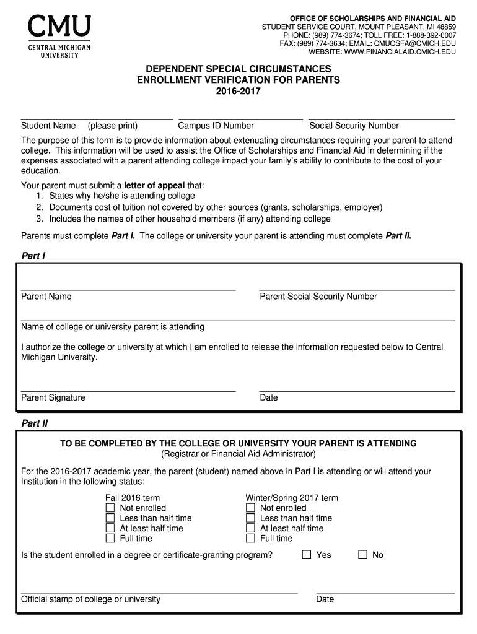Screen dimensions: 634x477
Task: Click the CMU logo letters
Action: click(x=59, y=27)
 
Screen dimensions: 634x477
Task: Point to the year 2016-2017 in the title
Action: click(x=239, y=91)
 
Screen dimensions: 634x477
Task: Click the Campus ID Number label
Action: click(x=216, y=126)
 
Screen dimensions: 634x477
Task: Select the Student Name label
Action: click(x=48, y=126)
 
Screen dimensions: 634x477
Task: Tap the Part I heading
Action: click(x=33, y=256)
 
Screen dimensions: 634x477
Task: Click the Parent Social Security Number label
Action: click(x=318, y=297)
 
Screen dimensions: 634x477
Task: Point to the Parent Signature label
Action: click(x=53, y=397)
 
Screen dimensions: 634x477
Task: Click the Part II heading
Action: click(x=35, y=424)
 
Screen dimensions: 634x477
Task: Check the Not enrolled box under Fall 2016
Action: click(x=110, y=508)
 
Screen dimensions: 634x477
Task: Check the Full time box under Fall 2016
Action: click(x=110, y=539)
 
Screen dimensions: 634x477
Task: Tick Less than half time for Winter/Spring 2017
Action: click(x=251, y=518)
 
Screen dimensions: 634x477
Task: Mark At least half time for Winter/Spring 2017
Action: click(x=251, y=528)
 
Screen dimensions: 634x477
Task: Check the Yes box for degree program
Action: click(x=307, y=555)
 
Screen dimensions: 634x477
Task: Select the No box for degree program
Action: click(x=363, y=555)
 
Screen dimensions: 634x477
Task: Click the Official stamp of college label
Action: click(x=90, y=599)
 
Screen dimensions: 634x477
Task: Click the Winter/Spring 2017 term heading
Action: click(x=292, y=498)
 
